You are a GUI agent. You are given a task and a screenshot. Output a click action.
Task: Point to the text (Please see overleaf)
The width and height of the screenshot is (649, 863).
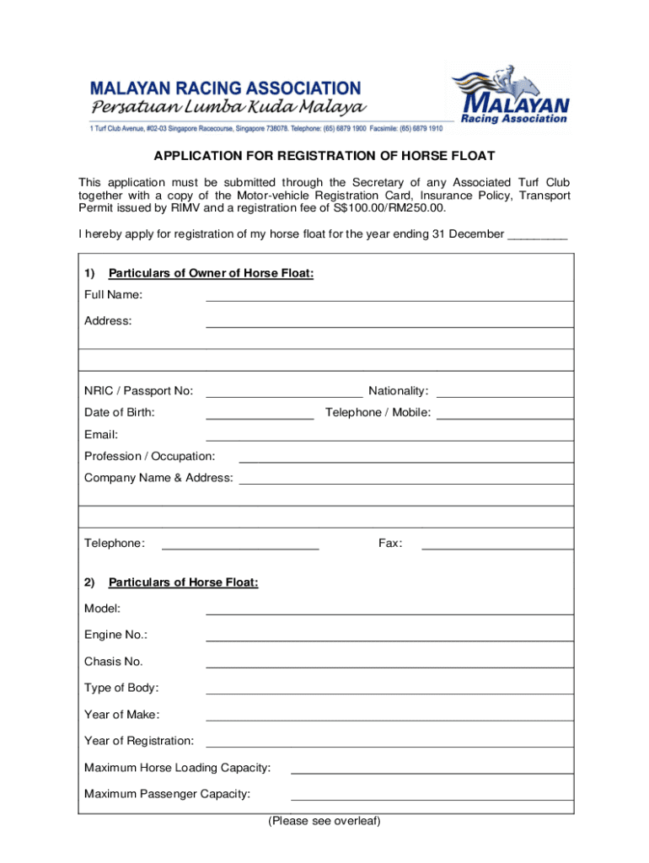324,821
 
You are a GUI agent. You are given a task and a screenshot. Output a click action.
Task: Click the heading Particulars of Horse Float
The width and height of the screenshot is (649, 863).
183,582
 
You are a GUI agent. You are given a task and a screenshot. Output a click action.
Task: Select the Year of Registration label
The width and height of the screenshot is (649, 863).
139,741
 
